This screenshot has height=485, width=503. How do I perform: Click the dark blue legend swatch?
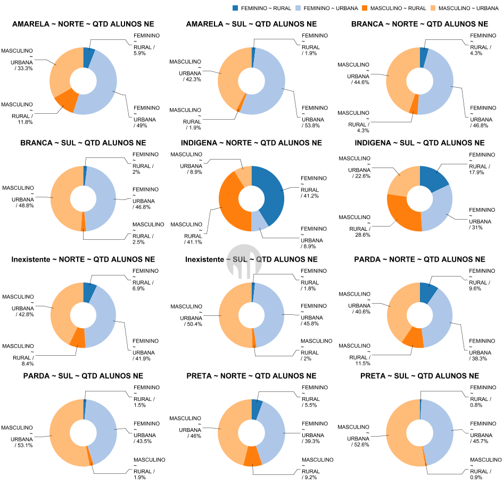[x=235, y=8]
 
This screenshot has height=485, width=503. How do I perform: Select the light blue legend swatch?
[x=298, y=8]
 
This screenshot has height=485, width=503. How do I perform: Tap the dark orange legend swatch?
[x=365, y=8]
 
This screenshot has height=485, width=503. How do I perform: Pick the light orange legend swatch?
[x=433, y=8]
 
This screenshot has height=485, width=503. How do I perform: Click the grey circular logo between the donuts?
[x=244, y=261]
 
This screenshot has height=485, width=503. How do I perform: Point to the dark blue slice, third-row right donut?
[x=427, y=292]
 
